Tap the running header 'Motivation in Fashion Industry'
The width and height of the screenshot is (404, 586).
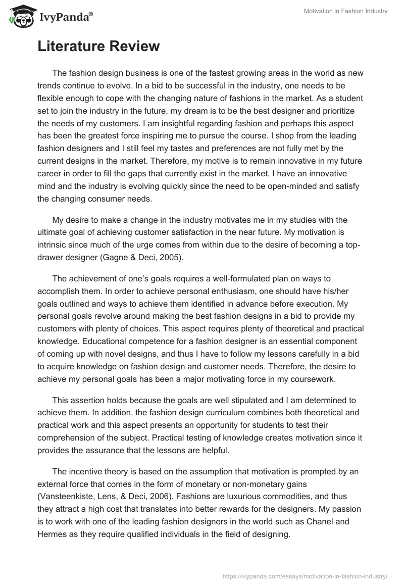346,11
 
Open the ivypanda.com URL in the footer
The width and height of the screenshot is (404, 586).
305,575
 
